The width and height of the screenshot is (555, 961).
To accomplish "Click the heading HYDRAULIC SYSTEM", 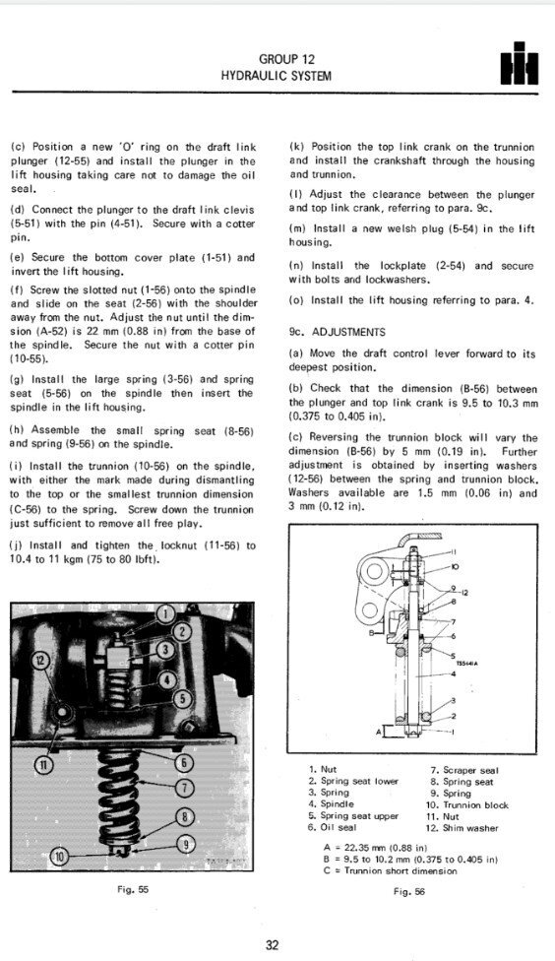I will (x=277, y=75).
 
